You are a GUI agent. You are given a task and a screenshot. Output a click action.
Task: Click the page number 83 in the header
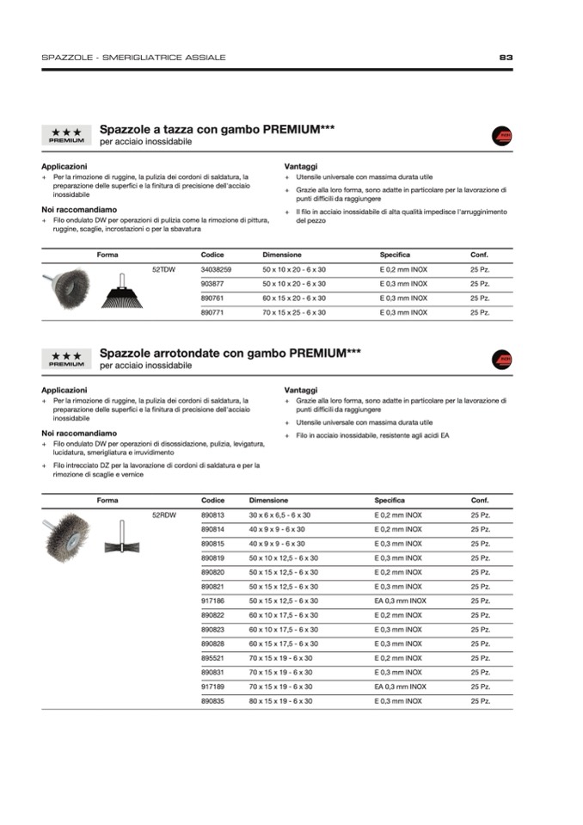coord(506,58)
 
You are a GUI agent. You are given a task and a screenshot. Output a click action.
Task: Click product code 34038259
coord(216,269)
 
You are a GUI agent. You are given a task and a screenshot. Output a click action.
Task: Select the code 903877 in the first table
coord(212,284)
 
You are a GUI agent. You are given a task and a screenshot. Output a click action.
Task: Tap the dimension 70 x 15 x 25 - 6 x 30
coord(294,312)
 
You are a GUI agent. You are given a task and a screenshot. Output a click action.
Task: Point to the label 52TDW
coord(163,269)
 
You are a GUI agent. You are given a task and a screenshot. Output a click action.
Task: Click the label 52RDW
coord(163,514)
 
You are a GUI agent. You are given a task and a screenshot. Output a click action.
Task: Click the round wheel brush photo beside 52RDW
coord(67,533)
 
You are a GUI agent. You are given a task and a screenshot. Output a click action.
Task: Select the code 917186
coord(212,600)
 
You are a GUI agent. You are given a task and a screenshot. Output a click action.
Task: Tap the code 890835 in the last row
coord(212,701)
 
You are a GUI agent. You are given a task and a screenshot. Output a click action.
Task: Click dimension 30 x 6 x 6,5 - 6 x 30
coord(279,514)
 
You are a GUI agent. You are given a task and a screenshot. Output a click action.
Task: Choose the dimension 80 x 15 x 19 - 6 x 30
coord(280,701)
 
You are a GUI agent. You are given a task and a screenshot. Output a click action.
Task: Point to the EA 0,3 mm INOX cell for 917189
coord(400,686)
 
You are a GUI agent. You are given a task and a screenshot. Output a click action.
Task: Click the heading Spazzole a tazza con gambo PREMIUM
coord(217,130)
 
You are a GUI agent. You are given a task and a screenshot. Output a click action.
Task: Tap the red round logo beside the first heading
coord(501,136)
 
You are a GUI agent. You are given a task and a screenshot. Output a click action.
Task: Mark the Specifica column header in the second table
coord(389,500)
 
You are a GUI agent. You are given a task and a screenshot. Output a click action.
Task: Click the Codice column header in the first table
coord(212,255)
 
